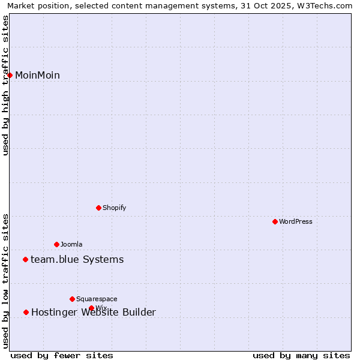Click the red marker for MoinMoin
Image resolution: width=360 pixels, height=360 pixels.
click(10, 75)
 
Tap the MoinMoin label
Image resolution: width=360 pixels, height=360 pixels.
click(37, 75)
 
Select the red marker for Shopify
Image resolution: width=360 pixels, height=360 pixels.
click(98, 208)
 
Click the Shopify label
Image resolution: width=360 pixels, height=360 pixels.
click(114, 208)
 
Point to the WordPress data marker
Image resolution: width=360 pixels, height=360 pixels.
click(275, 221)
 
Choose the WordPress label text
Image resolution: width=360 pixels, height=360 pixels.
click(295, 222)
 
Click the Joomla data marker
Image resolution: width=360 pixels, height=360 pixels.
click(56, 244)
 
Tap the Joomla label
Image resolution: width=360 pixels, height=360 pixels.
click(71, 245)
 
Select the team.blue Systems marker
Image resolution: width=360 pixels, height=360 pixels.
click(25, 259)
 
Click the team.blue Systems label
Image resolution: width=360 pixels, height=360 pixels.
click(77, 259)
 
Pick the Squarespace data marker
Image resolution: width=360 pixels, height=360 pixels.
click(72, 299)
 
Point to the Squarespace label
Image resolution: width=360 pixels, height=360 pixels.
click(97, 299)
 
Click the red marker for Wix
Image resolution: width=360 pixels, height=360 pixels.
click(91, 308)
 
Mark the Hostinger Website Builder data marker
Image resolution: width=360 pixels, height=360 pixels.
click(26, 312)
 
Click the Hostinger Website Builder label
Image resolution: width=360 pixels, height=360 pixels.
click(93, 312)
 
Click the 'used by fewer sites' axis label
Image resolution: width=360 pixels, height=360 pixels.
click(62, 355)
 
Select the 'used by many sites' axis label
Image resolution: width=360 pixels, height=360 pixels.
click(301, 355)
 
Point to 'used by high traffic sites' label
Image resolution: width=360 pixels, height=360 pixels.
click(6, 85)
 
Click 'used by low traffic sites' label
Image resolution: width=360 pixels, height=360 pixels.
click(6, 281)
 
